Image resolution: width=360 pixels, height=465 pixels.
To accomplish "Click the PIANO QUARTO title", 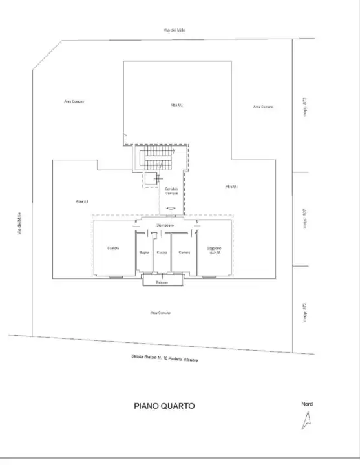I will pyautogui.click(x=164, y=406).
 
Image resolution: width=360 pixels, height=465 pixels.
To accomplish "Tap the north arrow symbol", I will pyautogui.click(x=306, y=421).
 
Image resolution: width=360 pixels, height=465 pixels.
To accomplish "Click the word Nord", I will pyautogui.click(x=307, y=404).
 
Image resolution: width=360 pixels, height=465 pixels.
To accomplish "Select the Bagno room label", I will pyautogui.click(x=144, y=252).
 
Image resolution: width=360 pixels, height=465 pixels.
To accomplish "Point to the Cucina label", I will pyautogui.click(x=162, y=252).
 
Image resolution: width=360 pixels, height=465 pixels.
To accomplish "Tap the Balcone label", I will pyautogui.click(x=162, y=282).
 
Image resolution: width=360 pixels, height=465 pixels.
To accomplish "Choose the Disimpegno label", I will pyautogui.click(x=165, y=224).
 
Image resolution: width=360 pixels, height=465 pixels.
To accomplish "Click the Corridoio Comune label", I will pyautogui.click(x=171, y=191).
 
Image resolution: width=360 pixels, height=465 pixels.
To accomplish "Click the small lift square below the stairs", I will pyautogui.click(x=151, y=179).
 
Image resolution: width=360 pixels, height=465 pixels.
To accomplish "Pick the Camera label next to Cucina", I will pyautogui.click(x=184, y=252).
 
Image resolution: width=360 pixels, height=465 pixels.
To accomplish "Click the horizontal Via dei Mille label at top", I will pyautogui.click(x=175, y=31).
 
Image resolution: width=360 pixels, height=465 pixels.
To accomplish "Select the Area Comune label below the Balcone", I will pyautogui.click(x=160, y=313).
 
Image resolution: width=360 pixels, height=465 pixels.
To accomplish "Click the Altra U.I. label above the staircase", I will pyautogui.click(x=176, y=105).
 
